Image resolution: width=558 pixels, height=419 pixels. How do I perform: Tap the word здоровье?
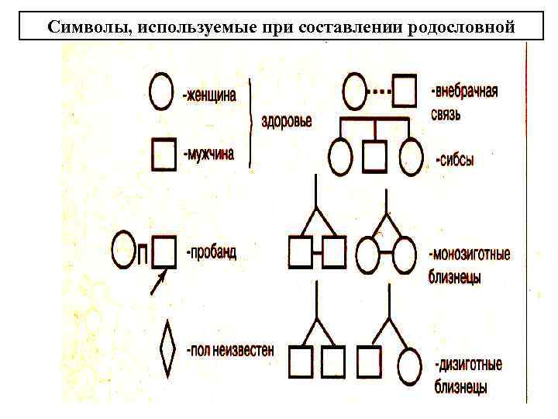point(286,122)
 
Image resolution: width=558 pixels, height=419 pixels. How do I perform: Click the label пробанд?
point(212,254)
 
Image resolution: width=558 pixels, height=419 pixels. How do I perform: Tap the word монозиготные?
point(470,255)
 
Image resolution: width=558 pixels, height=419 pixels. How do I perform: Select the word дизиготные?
point(468,364)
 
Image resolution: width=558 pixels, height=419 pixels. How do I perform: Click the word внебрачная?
point(464,92)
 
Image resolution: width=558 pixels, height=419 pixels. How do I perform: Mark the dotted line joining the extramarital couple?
point(378,92)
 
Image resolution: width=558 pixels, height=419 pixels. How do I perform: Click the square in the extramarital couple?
point(405,92)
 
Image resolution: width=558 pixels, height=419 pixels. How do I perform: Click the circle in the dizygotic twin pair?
point(408,362)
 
